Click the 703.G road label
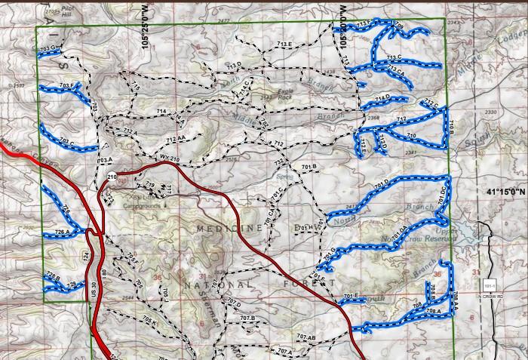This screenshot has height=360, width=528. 48,48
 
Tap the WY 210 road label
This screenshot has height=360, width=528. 169,158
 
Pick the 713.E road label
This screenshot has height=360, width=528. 284,45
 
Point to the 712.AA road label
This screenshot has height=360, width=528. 176,140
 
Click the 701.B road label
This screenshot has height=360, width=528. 309,166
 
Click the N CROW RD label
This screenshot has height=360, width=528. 490,296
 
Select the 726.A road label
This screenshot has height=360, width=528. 62,232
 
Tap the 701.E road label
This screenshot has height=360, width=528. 351,295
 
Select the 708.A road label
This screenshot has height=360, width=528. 433,312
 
